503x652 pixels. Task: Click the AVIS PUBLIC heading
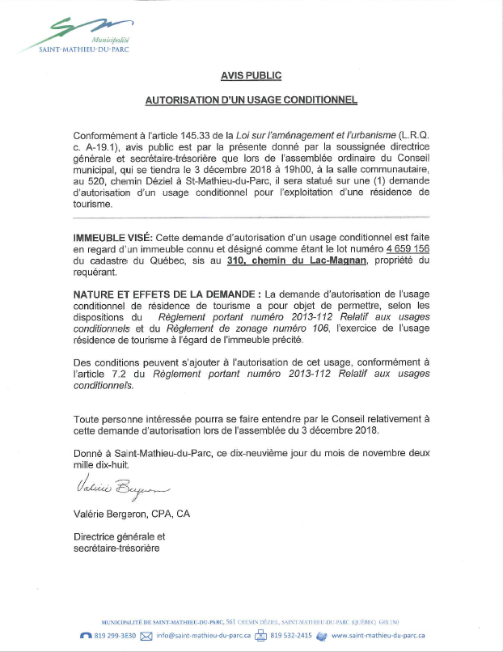[x=251, y=75]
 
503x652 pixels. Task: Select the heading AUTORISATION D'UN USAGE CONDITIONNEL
[x=251, y=101]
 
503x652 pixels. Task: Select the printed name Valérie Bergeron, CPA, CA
[x=132, y=514]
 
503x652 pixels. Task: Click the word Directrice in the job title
[x=95, y=536]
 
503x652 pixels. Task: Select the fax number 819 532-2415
[x=291, y=636]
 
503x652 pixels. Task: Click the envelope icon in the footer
[x=147, y=636]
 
